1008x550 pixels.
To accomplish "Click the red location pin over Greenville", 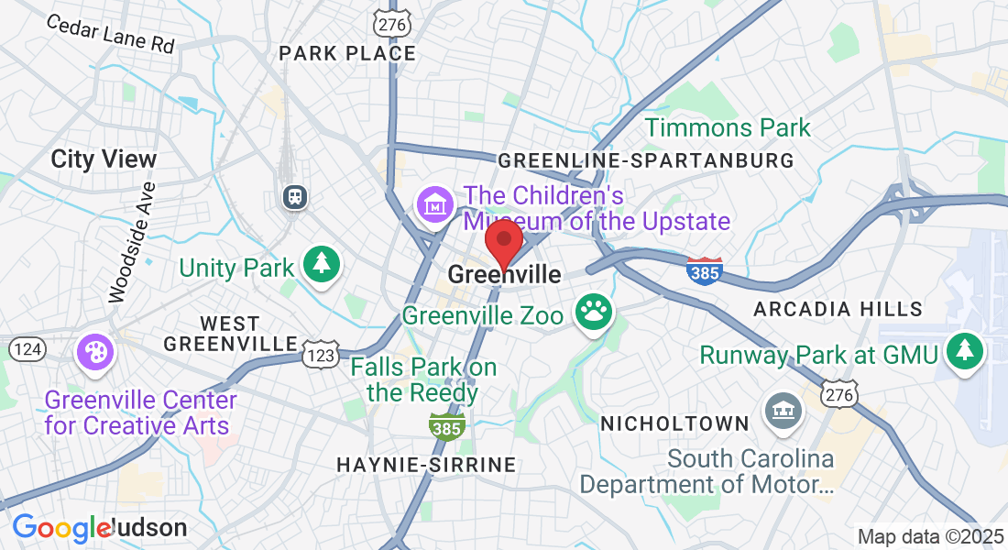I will coord(503,241).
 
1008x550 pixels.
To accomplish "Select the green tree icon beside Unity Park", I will coord(322,264).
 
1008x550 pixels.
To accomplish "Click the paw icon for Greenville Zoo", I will coord(594,312).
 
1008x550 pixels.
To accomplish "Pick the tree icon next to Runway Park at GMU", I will coord(964,350).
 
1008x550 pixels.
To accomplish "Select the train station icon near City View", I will coord(295,195).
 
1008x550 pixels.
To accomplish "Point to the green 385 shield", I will coord(446,424).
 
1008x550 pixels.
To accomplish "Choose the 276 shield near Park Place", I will coord(390,21).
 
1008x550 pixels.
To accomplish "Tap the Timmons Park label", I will coord(728,127).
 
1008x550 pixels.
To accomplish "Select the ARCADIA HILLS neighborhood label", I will coord(838,310).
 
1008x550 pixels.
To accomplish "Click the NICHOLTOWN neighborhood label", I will coord(674,423).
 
